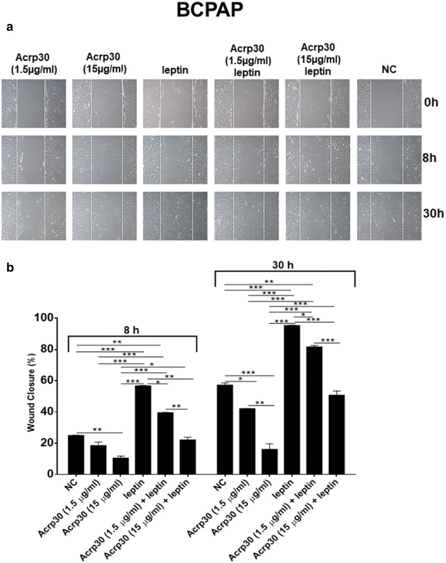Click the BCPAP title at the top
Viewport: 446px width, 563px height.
click(224, 11)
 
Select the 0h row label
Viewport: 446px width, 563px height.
click(431, 101)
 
